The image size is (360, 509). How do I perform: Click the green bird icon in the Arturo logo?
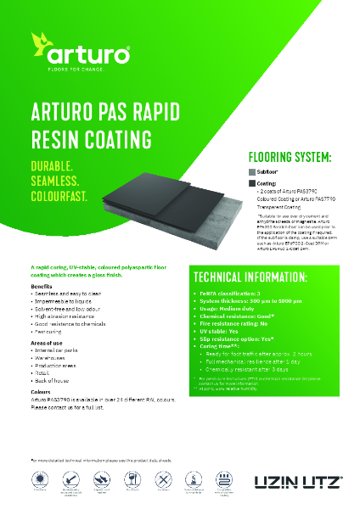[43, 42]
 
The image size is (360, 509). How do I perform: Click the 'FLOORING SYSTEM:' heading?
[289, 157]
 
